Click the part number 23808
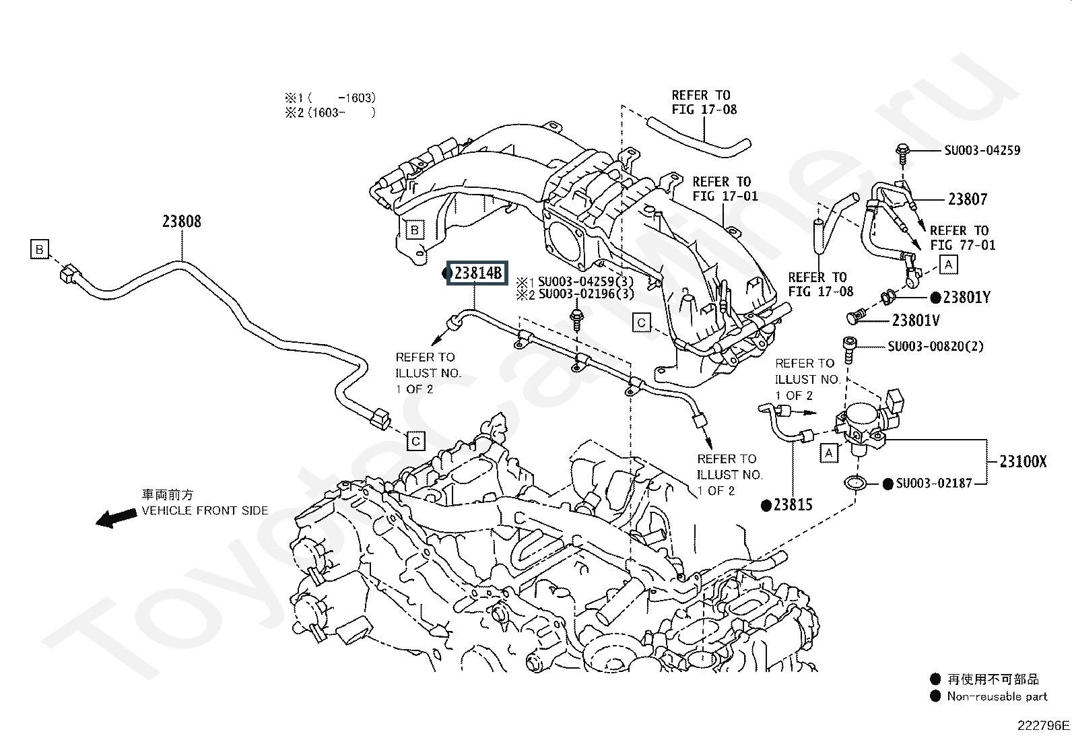click(182, 222)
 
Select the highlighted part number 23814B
click(477, 273)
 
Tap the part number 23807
click(968, 199)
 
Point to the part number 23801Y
click(967, 298)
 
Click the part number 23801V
click(916, 321)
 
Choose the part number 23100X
click(1024, 461)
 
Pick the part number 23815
click(793, 504)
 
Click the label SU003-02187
click(934, 483)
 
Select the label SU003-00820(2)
click(935, 346)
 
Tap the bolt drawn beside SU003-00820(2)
click(849, 350)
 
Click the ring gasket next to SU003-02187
click(855, 483)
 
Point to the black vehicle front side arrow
click(116, 518)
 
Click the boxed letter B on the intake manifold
click(414, 230)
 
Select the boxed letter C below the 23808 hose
click(415, 441)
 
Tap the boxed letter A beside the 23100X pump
click(829, 452)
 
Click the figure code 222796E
click(1043, 726)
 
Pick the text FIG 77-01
click(963, 245)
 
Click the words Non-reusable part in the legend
click(997, 696)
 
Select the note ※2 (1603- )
click(330, 113)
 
